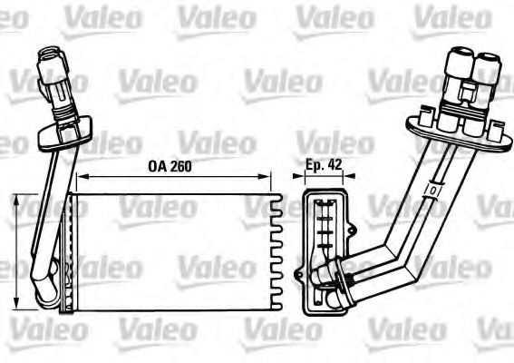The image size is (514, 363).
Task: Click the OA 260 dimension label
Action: click(x=169, y=166)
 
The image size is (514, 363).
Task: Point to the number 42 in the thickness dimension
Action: click(x=337, y=166)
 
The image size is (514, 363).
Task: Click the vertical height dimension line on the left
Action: click(x=20, y=250)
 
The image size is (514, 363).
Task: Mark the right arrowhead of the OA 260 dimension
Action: click(x=268, y=177)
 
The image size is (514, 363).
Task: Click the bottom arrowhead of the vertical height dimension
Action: click(x=20, y=304)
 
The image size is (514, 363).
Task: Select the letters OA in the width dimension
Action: click(x=155, y=166)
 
